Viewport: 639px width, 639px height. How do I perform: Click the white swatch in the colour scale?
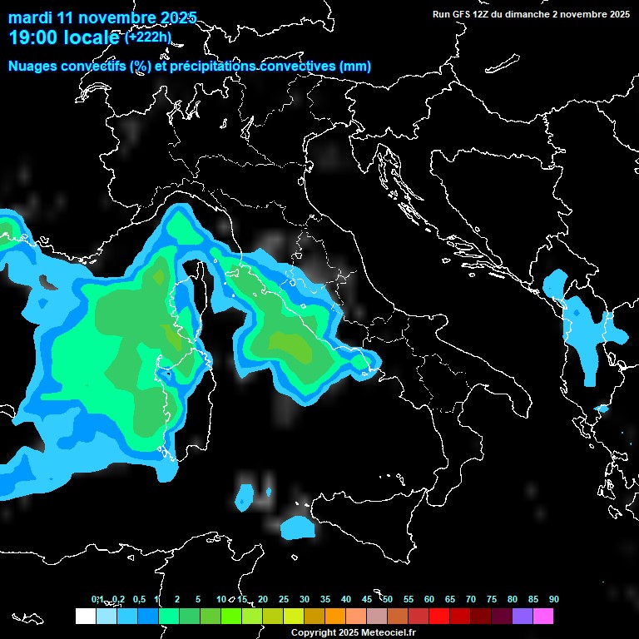85,616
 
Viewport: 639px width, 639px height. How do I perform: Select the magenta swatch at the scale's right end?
543,616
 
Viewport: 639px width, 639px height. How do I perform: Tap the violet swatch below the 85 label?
523,616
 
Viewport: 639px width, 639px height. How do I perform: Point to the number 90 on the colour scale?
554,600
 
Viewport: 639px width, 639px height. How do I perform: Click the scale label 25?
284,600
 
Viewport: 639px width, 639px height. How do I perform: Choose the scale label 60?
429,600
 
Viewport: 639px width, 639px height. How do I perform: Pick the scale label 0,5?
138,600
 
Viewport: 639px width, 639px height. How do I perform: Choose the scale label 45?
367,600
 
